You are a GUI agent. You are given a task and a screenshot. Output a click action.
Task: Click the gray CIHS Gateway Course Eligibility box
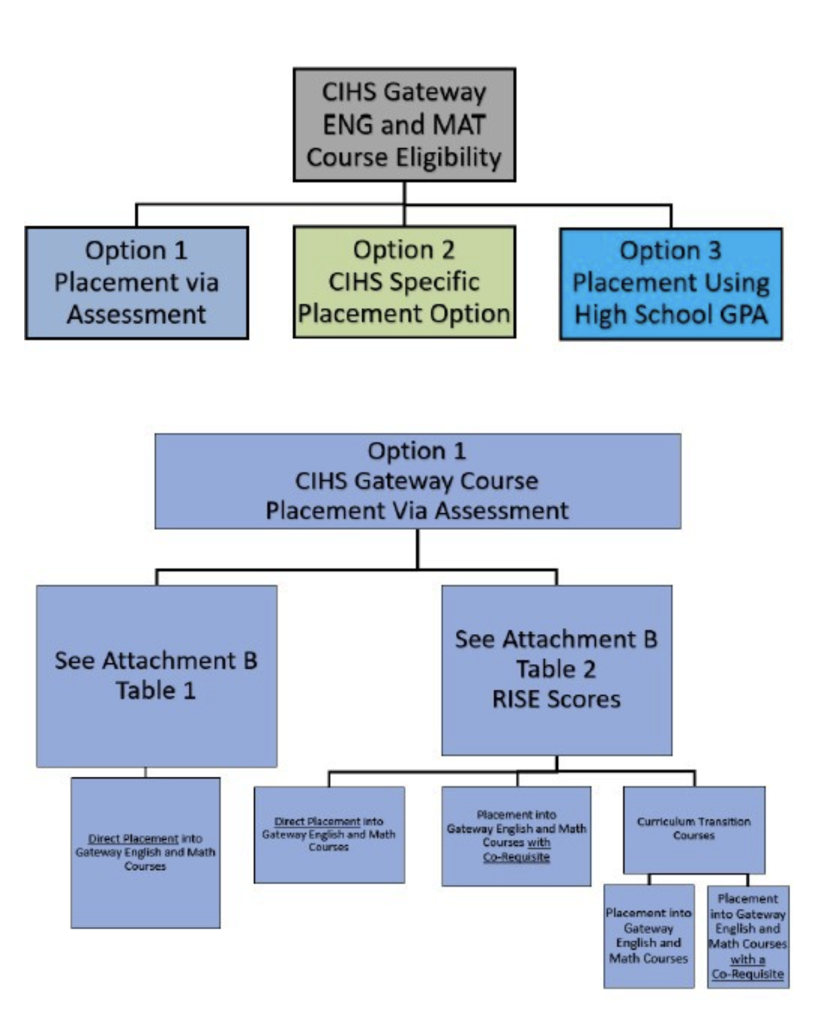point(404,125)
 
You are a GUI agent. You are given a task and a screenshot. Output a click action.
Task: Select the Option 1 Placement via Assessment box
point(137,282)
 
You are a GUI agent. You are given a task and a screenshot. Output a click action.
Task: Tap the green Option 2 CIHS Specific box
point(404,282)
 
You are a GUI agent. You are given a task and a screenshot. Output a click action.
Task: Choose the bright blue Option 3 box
point(671,284)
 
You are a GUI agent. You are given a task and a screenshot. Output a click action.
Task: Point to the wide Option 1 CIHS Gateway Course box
point(417,481)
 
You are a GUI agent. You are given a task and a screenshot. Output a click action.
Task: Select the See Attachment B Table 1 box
point(156,676)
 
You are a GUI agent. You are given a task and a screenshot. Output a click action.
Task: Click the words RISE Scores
point(556,699)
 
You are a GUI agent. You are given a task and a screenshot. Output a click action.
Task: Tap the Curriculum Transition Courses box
point(694,829)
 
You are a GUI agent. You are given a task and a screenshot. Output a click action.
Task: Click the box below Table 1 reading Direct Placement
point(146,853)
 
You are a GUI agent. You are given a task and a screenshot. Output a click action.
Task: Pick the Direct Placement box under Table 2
point(329,835)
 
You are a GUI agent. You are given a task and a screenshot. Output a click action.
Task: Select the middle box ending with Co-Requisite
point(516,836)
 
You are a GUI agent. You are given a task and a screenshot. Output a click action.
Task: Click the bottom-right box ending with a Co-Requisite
point(748,936)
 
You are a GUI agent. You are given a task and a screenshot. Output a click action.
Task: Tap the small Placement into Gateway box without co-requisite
point(649,936)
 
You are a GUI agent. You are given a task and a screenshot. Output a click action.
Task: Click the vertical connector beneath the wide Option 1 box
point(417,549)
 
